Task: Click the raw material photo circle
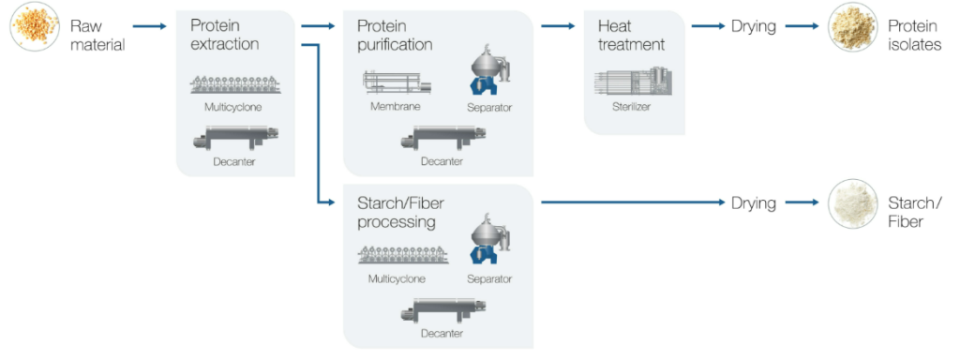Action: coord(35,26)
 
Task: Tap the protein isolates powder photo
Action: coord(852,26)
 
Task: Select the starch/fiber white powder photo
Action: coord(852,203)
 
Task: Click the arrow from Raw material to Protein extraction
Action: coord(149,26)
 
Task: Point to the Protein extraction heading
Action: coord(224,35)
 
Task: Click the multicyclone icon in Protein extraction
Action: coord(235,84)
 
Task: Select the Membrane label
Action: coord(395,107)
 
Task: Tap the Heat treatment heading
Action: coord(631,35)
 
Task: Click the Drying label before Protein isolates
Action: coord(754,26)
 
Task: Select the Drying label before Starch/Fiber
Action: coord(754,202)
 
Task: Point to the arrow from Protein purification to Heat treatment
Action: coord(558,26)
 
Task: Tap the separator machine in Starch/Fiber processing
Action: coord(489,241)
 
